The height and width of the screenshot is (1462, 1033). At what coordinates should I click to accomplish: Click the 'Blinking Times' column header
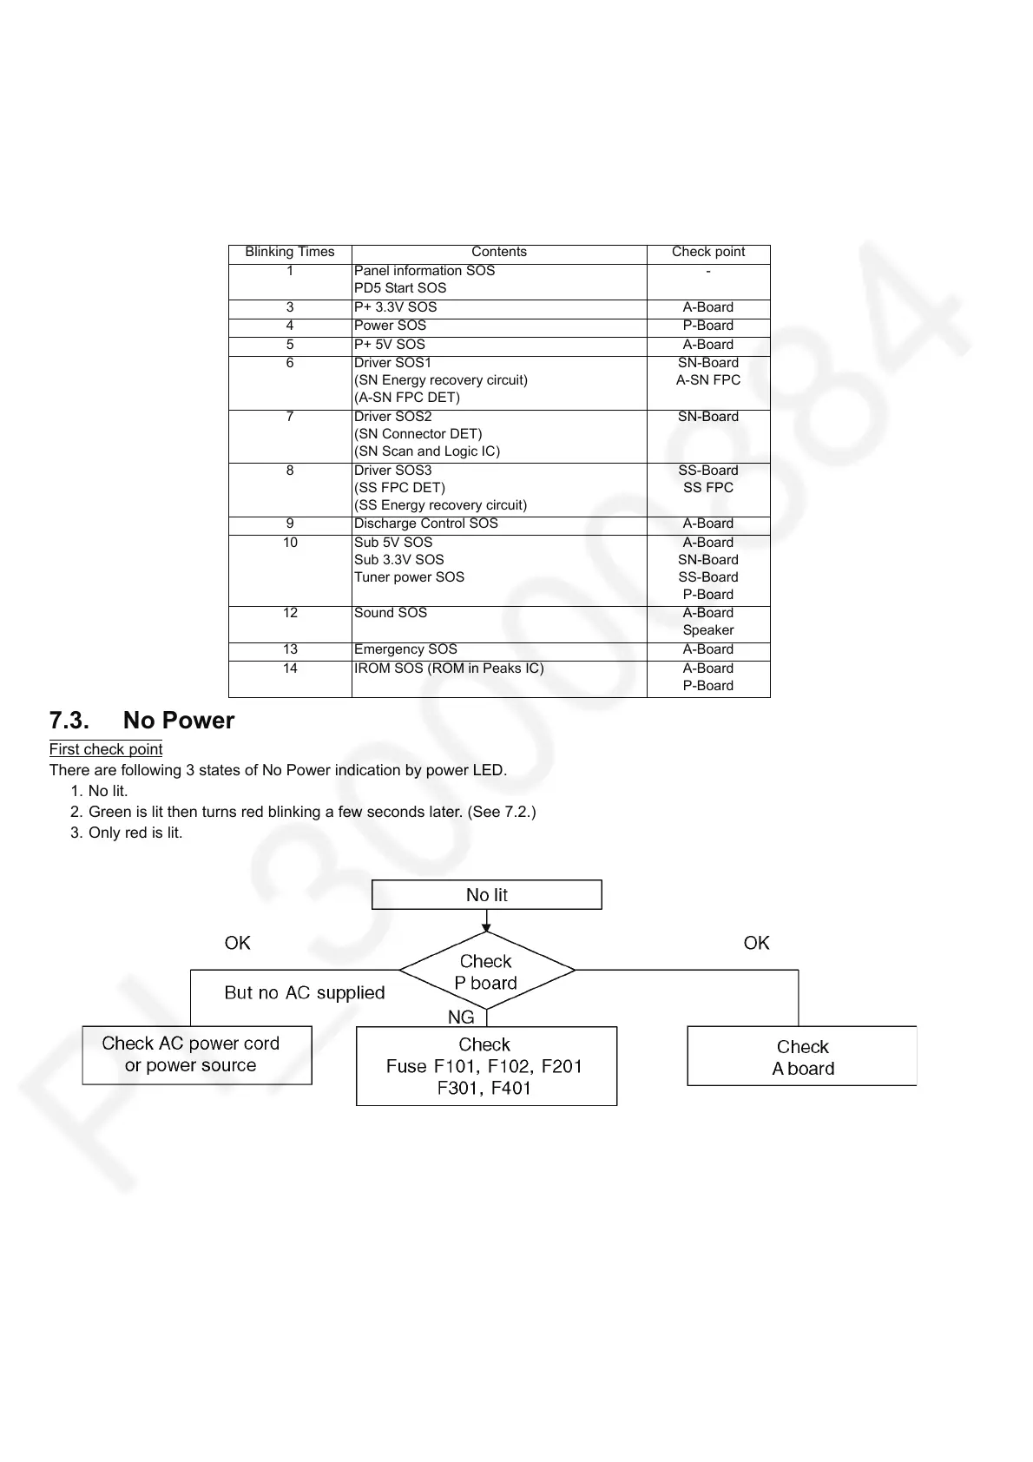(x=289, y=252)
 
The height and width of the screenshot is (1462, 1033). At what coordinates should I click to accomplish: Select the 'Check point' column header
(x=707, y=252)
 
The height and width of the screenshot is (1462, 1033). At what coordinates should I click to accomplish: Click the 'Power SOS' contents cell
(x=390, y=326)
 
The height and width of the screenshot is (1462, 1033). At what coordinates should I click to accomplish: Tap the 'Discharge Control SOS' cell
(x=425, y=524)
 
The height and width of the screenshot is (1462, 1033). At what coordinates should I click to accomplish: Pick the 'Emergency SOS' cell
(x=405, y=649)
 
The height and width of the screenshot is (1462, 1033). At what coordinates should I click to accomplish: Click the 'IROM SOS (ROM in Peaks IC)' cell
(x=449, y=668)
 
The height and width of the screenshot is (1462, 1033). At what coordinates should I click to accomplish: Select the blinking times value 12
(x=290, y=613)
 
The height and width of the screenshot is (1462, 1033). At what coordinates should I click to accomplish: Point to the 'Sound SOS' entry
(x=391, y=613)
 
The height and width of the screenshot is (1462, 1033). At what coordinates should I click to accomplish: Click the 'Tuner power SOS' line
(x=409, y=577)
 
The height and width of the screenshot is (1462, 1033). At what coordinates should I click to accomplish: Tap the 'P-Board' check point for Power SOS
(x=707, y=326)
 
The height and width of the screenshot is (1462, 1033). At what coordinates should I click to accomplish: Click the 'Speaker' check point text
(x=707, y=630)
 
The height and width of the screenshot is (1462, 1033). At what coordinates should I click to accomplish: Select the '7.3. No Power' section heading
(x=141, y=721)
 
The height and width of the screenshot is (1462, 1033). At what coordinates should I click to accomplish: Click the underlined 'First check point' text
(x=106, y=749)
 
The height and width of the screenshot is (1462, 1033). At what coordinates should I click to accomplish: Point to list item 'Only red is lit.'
(x=135, y=833)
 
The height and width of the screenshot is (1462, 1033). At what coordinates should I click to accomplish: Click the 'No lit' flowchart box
(x=486, y=895)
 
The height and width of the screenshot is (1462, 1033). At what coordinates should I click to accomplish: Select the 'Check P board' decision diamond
(x=486, y=971)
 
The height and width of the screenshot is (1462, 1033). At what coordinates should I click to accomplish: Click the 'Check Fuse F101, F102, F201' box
(x=486, y=1066)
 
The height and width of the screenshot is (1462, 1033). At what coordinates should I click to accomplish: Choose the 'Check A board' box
(x=802, y=1057)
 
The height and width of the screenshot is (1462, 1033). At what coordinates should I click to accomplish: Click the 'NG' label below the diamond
(x=461, y=1017)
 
